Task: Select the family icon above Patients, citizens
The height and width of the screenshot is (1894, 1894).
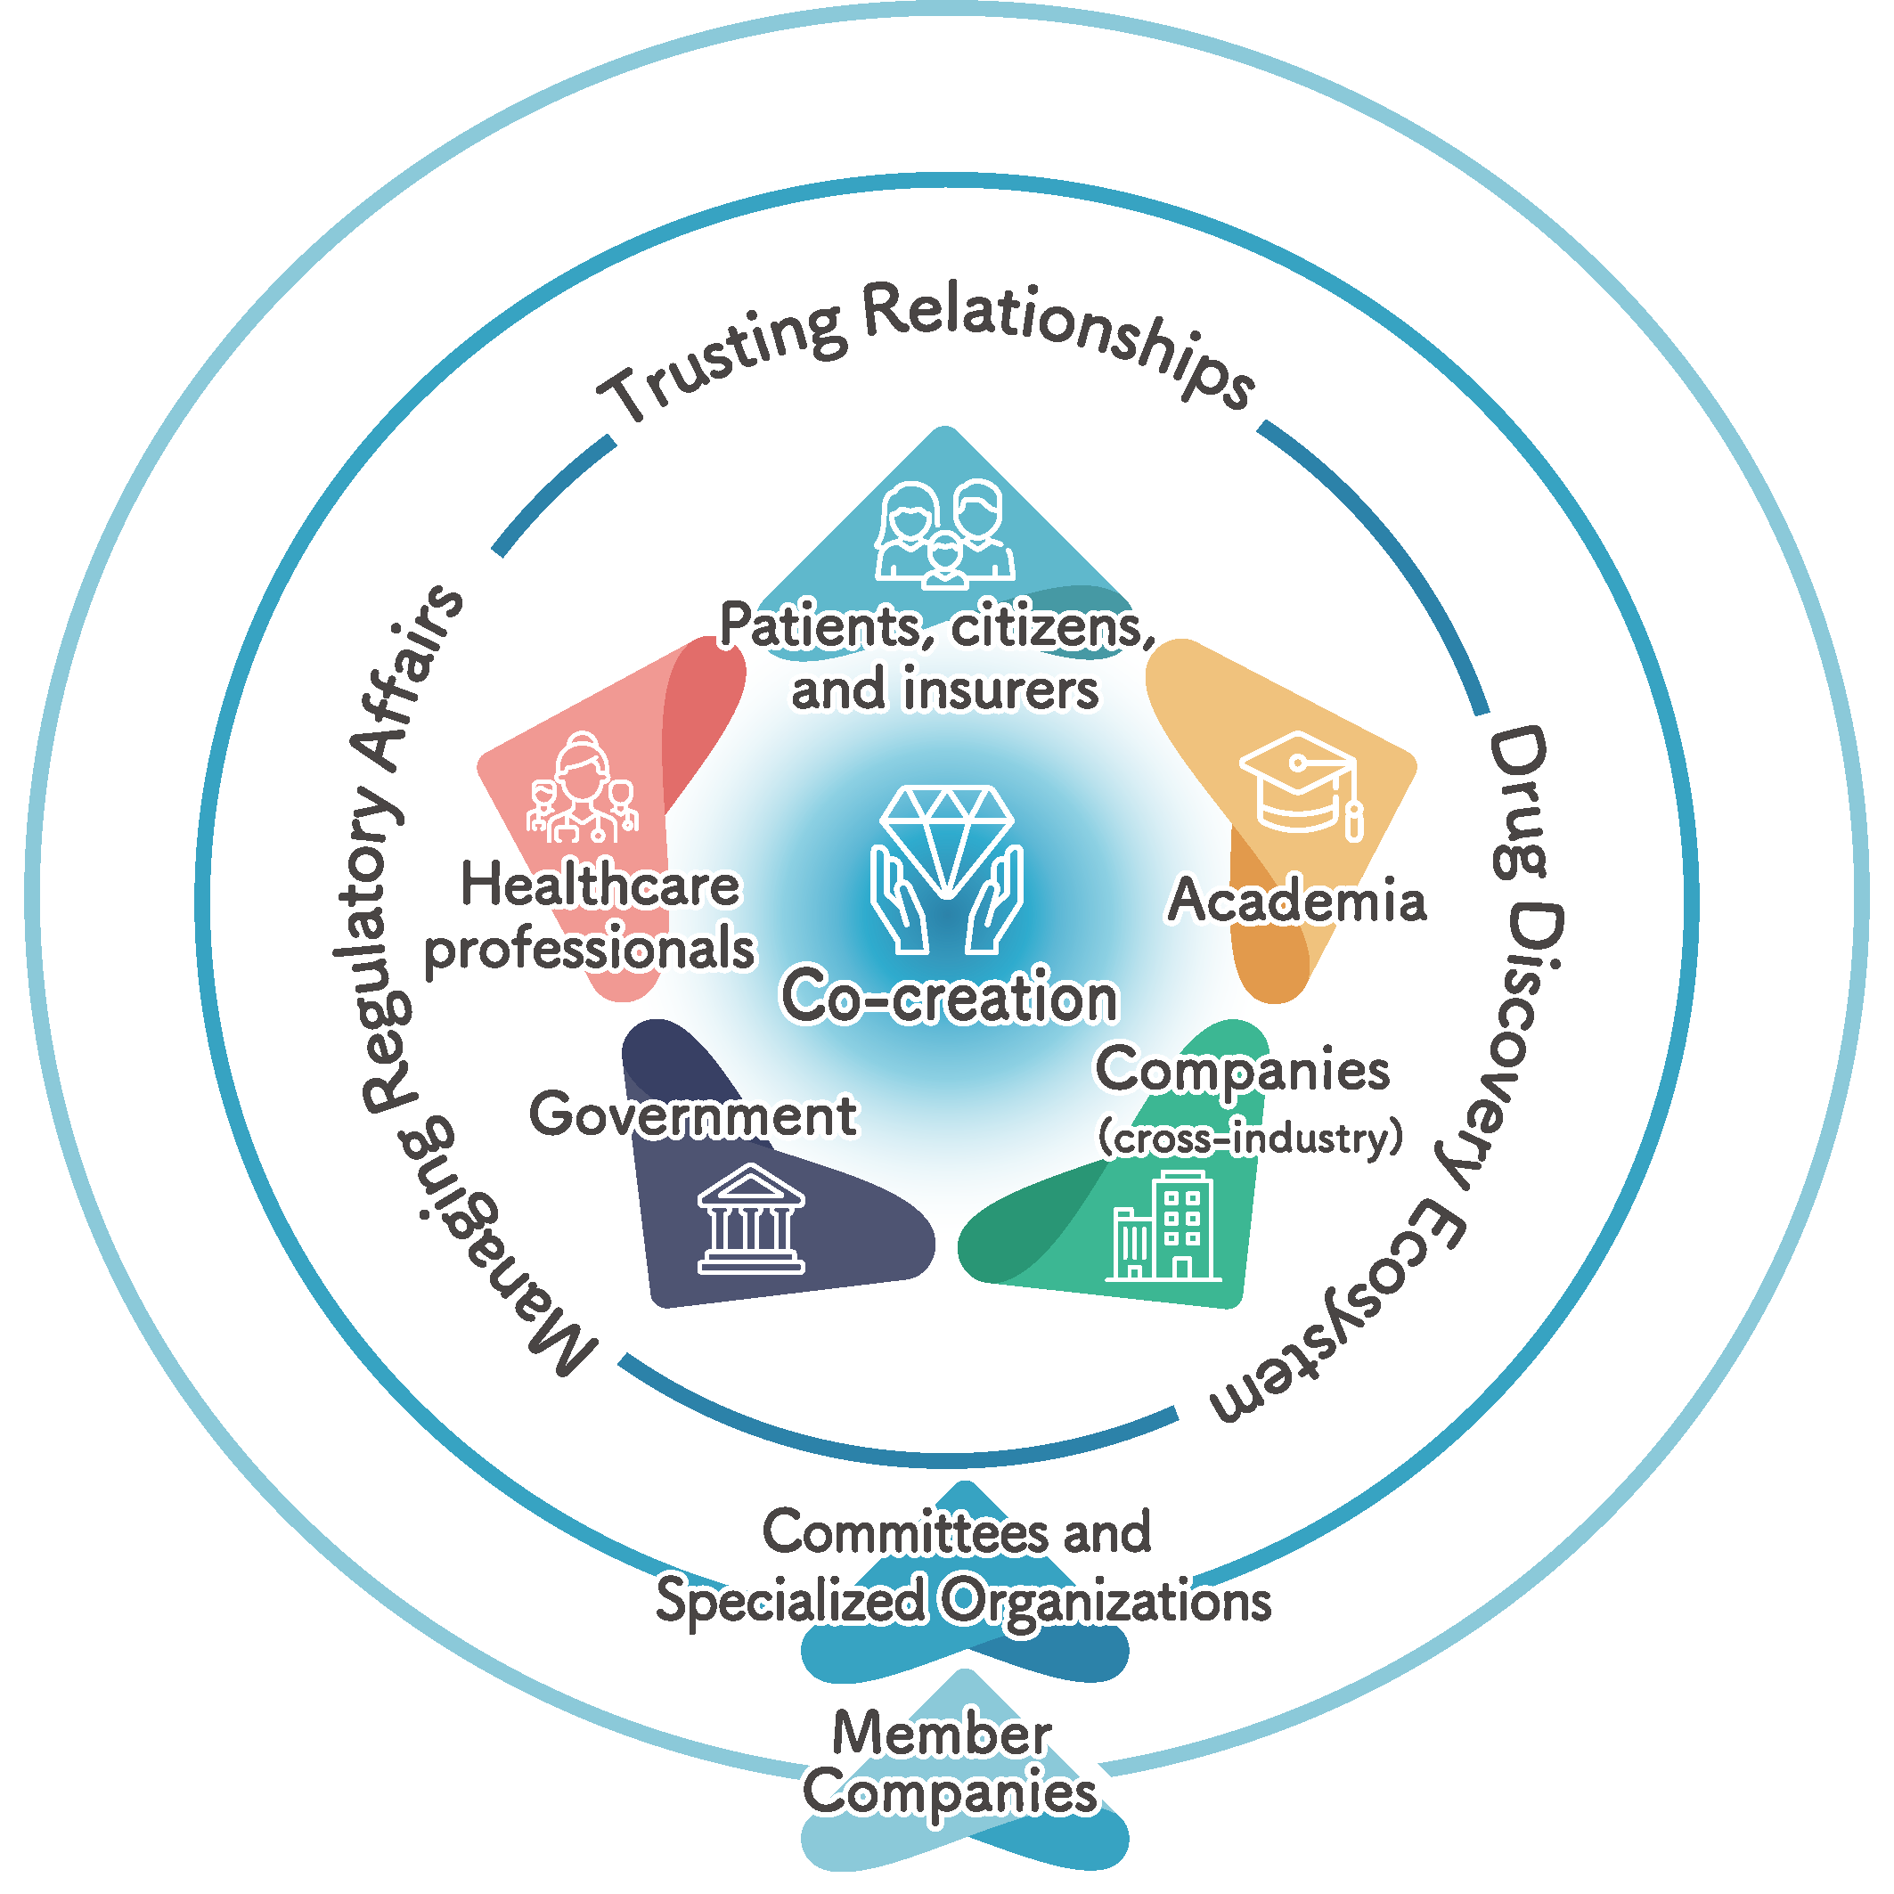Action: pos(944,535)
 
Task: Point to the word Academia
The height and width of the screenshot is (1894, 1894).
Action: pos(1296,901)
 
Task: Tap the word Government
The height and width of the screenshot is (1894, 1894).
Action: pos(692,1115)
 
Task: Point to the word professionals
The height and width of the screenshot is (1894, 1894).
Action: pos(589,949)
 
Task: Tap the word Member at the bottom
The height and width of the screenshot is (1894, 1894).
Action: pos(941,1734)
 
